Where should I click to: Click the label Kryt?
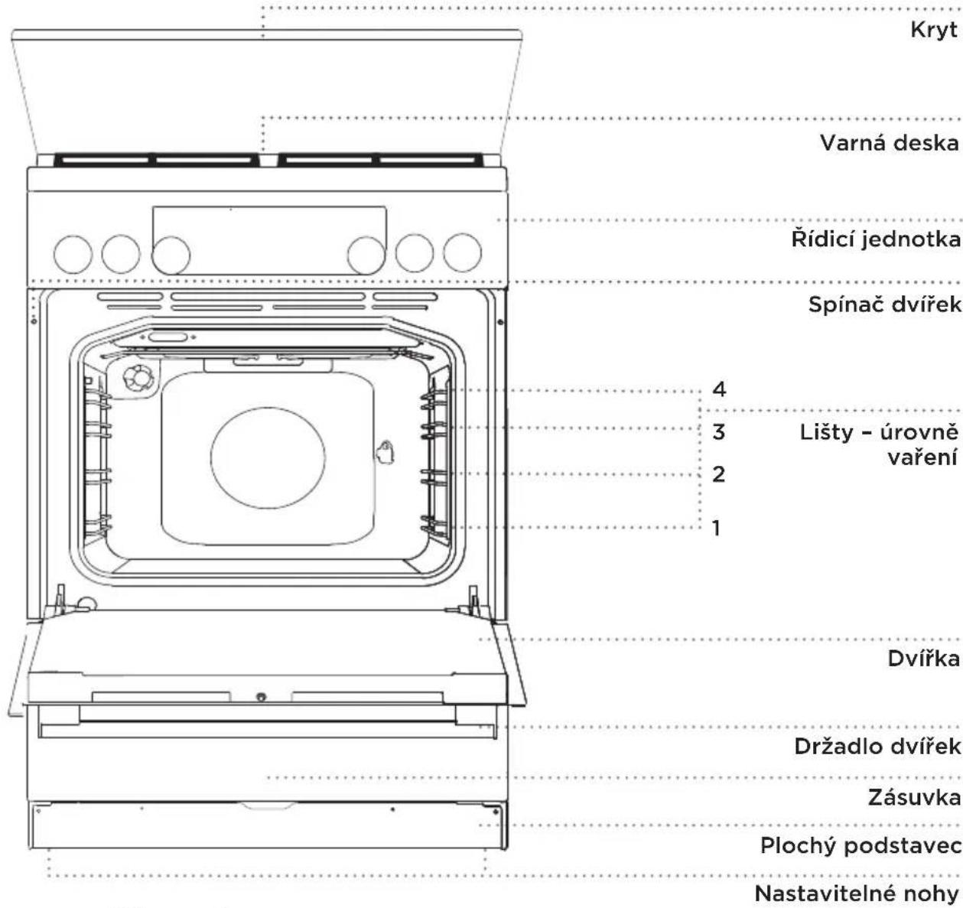click(x=934, y=31)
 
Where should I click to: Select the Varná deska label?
click(x=890, y=143)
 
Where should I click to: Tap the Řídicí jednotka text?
click(x=876, y=239)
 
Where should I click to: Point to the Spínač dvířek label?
click(x=884, y=304)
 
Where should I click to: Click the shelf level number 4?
click(x=719, y=389)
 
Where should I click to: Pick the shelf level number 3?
click(x=718, y=431)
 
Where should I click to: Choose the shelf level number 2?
click(x=718, y=474)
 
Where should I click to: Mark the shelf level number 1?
click(x=716, y=527)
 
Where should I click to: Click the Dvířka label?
click(x=923, y=658)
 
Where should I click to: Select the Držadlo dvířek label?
click(x=877, y=746)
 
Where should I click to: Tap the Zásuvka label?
click(x=914, y=797)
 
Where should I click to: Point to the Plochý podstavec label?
click(x=861, y=846)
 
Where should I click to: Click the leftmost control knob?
click(x=73, y=255)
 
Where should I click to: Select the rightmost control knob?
click(x=462, y=252)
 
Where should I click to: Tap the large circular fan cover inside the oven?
click(x=268, y=457)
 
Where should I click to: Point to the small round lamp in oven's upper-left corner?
click(x=139, y=379)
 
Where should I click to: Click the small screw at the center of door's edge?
click(x=261, y=697)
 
